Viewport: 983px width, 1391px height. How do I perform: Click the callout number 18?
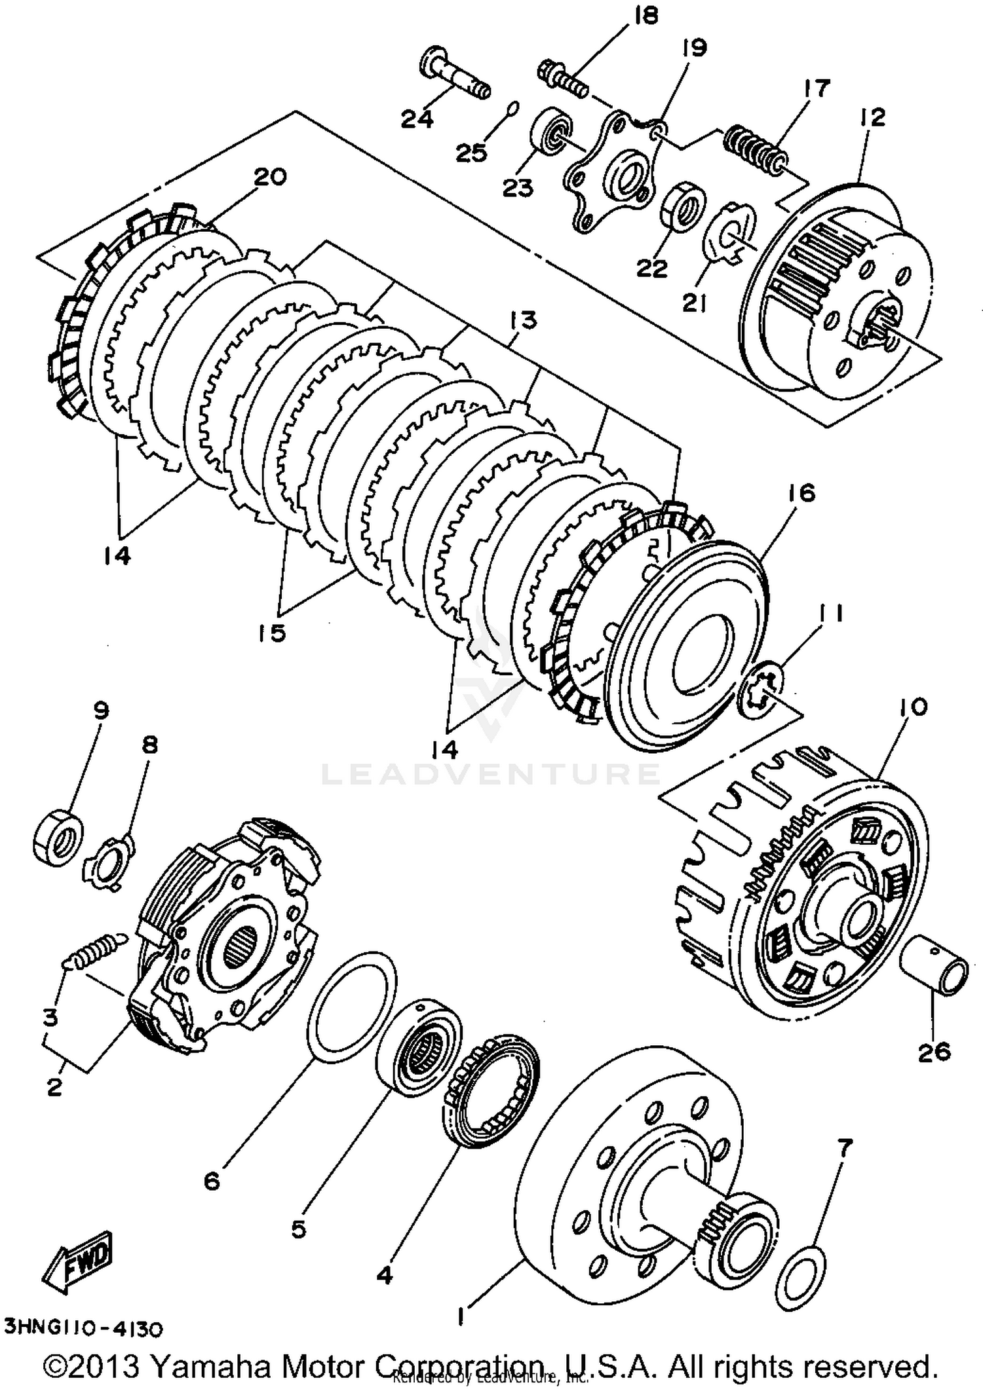(646, 16)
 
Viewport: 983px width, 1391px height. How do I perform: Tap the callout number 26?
(934, 1069)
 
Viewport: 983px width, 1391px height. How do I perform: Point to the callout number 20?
(270, 177)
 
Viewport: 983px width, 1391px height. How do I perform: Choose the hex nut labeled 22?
(682, 206)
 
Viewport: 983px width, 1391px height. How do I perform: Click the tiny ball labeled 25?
(514, 107)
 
